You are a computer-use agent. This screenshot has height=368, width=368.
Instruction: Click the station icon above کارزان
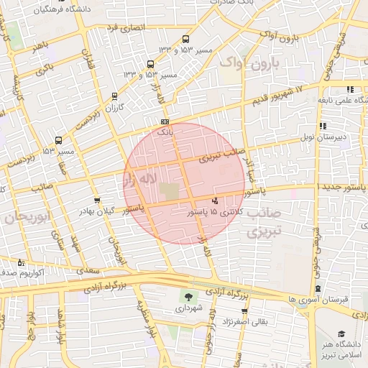coord(113,96)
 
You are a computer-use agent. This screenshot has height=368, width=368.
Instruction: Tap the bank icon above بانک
coord(165,122)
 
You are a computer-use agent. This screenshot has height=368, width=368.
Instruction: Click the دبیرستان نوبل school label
coord(344,134)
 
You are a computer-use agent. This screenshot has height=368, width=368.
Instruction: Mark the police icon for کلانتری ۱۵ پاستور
coord(215,201)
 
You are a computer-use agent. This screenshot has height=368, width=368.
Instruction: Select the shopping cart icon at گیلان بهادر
coord(97,200)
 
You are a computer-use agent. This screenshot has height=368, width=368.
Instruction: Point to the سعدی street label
coord(89,270)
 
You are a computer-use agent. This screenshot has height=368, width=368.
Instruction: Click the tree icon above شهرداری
coord(189,296)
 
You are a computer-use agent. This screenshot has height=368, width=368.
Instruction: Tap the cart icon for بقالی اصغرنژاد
coord(244,311)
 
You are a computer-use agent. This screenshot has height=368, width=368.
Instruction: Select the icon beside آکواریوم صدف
coord(20,262)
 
